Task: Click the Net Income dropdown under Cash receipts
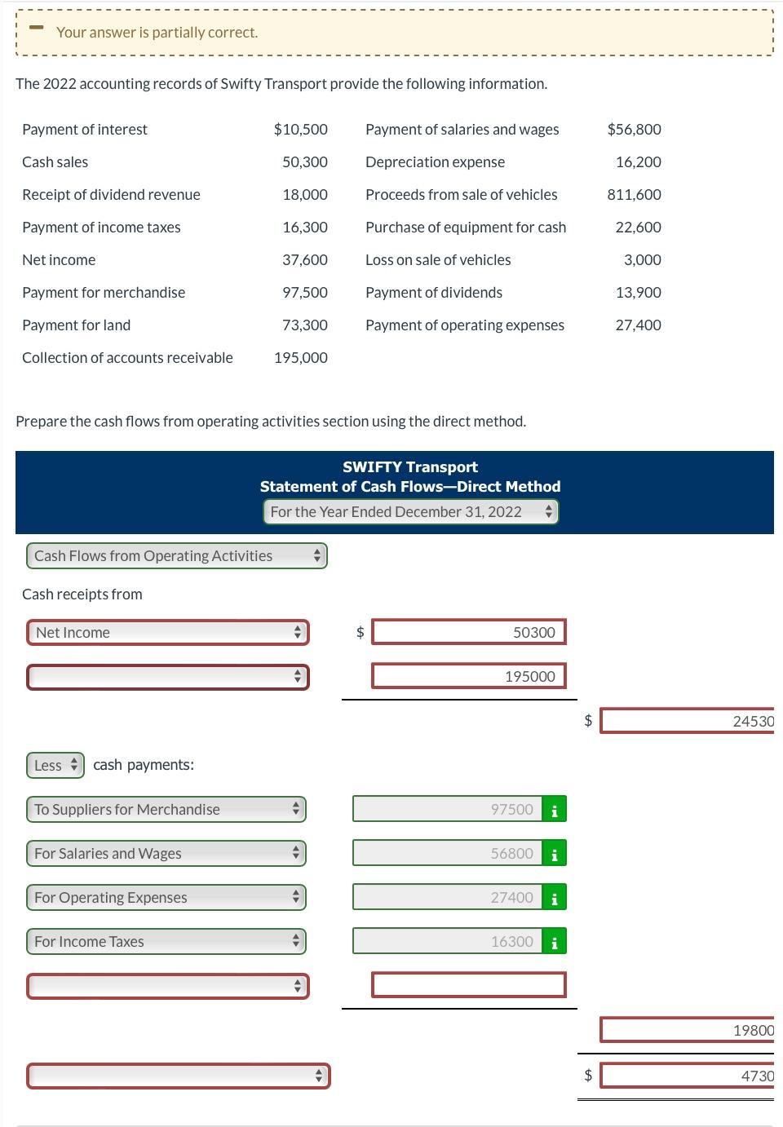[167, 632]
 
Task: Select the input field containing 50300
[468, 632]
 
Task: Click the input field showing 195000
[468, 676]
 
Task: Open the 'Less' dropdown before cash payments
[55, 765]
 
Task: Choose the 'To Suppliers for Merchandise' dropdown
[166, 809]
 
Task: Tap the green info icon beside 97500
[555, 810]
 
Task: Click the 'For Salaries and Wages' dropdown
[166, 853]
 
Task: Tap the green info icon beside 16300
[555, 942]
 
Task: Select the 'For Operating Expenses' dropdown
[166, 897]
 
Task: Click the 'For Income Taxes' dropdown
[166, 941]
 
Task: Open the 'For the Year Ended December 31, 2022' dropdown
[410, 511]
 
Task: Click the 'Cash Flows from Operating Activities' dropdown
[176, 555]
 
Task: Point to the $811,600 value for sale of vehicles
[634, 194]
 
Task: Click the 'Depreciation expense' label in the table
[435, 161]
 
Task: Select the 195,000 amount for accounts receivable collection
[301, 357]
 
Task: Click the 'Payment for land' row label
[76, 325]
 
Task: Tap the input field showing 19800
[686, 1030]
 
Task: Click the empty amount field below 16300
[468, 985]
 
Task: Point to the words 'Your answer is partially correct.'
[157, 33]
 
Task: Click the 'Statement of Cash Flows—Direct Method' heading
[410, 486]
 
